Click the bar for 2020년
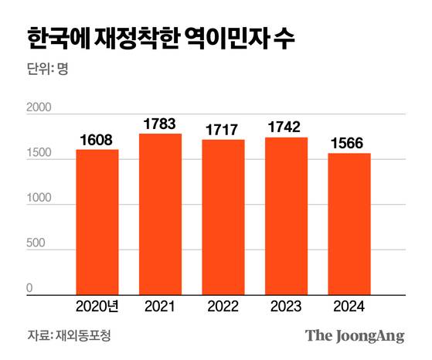coord(97,222)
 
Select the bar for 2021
coord(160,215)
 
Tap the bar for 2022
coord(223,218)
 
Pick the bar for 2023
coord(286,216)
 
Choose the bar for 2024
coord(349,224)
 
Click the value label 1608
coord(97,140)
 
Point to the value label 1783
coord(160,124)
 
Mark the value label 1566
coord(349,144)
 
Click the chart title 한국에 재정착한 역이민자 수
coord(160,37)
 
